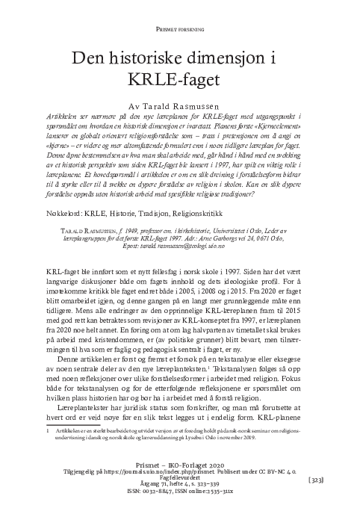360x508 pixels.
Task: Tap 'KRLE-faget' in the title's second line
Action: (x=180, y=80)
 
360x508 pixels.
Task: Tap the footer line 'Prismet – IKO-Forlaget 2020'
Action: (x=180, y=464)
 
